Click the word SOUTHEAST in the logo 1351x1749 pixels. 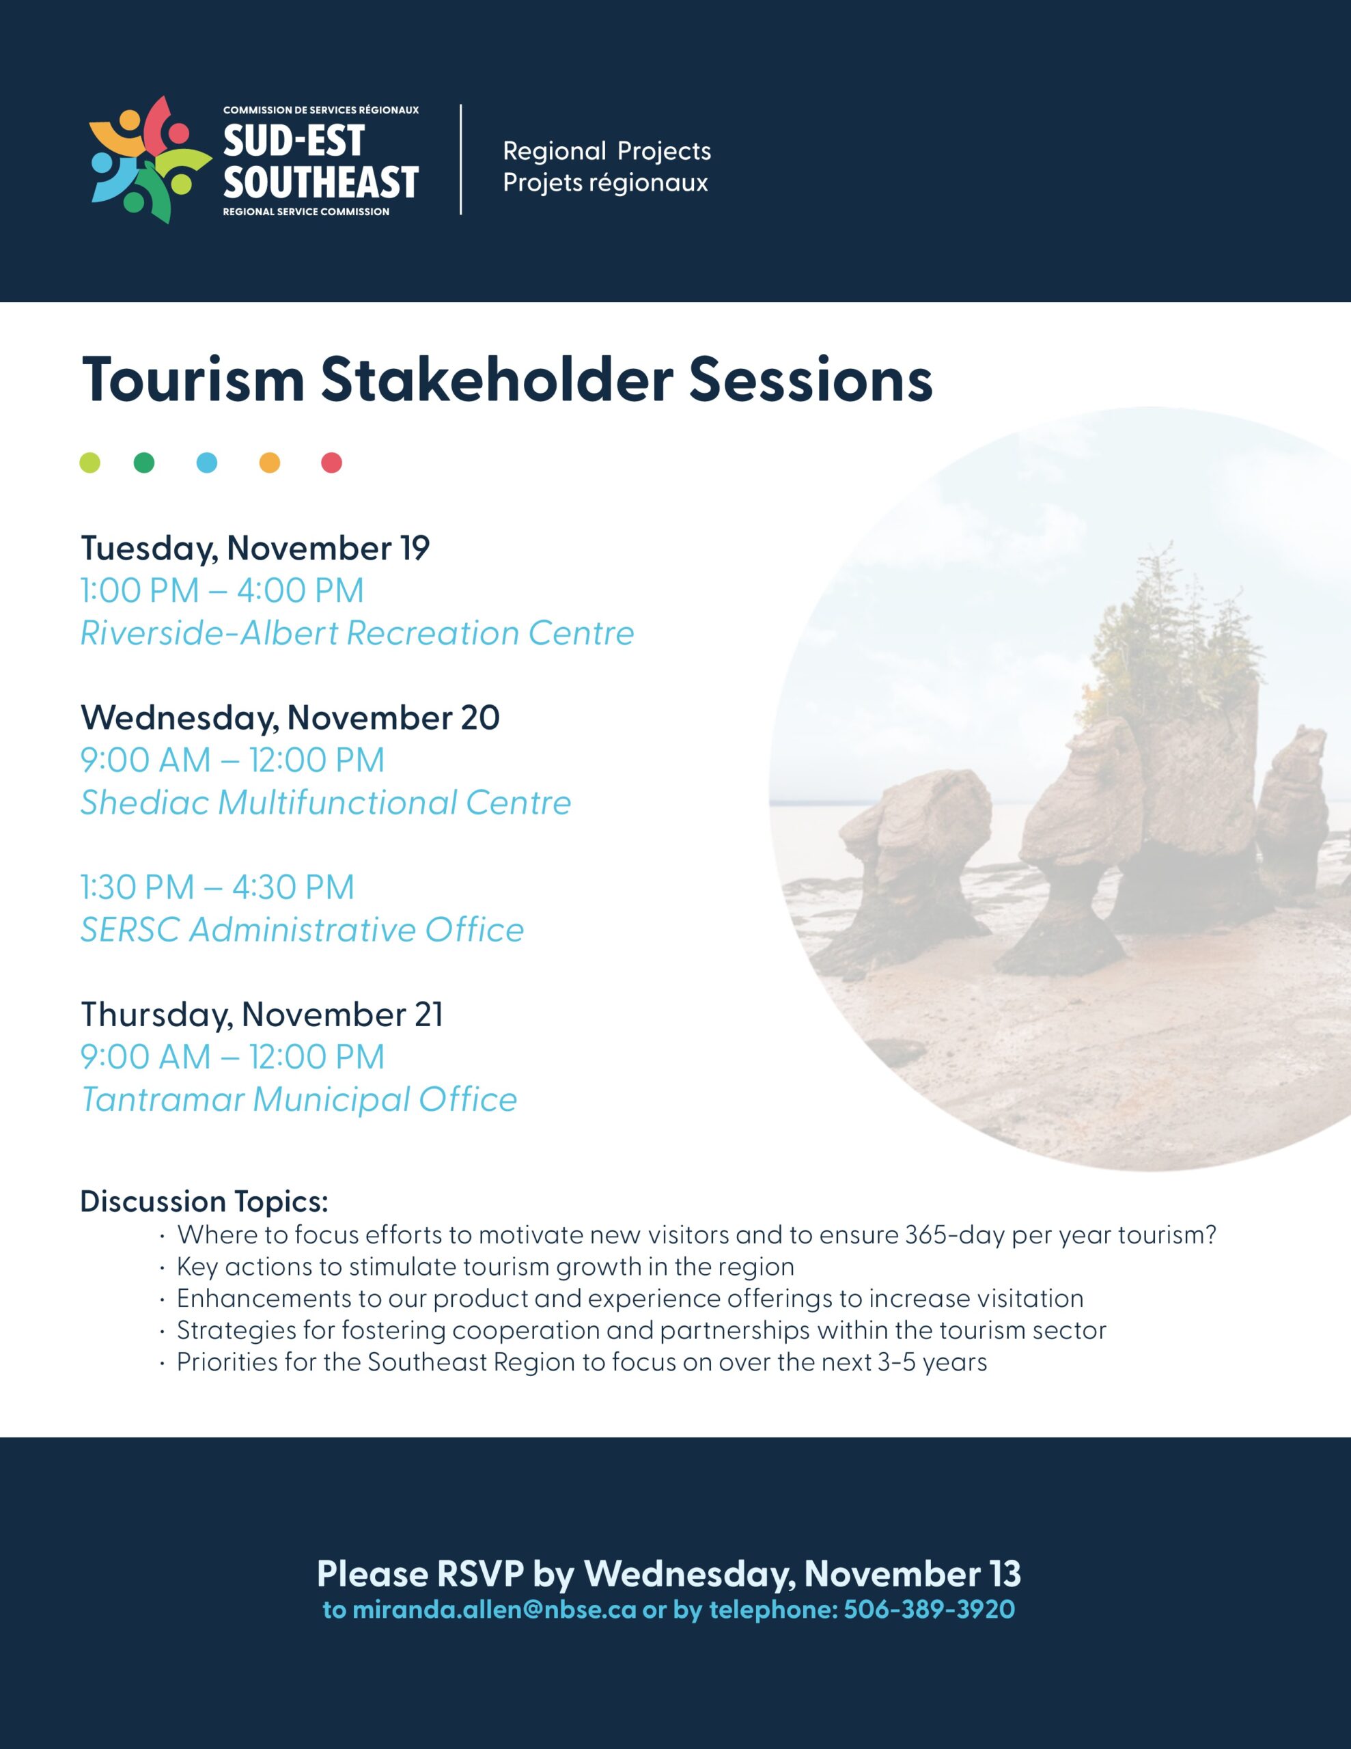321,182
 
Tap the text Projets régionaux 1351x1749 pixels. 605,183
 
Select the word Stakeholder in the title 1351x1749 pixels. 497,380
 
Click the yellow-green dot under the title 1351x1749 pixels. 89,463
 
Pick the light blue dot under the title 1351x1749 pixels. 207,463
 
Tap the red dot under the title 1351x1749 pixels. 331,463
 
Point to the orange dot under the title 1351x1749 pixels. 270,463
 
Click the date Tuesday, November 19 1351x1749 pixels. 255,549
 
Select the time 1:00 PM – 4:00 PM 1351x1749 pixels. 223,591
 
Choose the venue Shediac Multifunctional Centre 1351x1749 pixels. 326,803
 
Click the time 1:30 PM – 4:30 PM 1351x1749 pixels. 218,887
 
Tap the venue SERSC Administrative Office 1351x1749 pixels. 303,930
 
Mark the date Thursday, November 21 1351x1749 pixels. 262,1015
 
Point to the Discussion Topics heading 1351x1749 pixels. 204,1202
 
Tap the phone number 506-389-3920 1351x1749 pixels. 929,1610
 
